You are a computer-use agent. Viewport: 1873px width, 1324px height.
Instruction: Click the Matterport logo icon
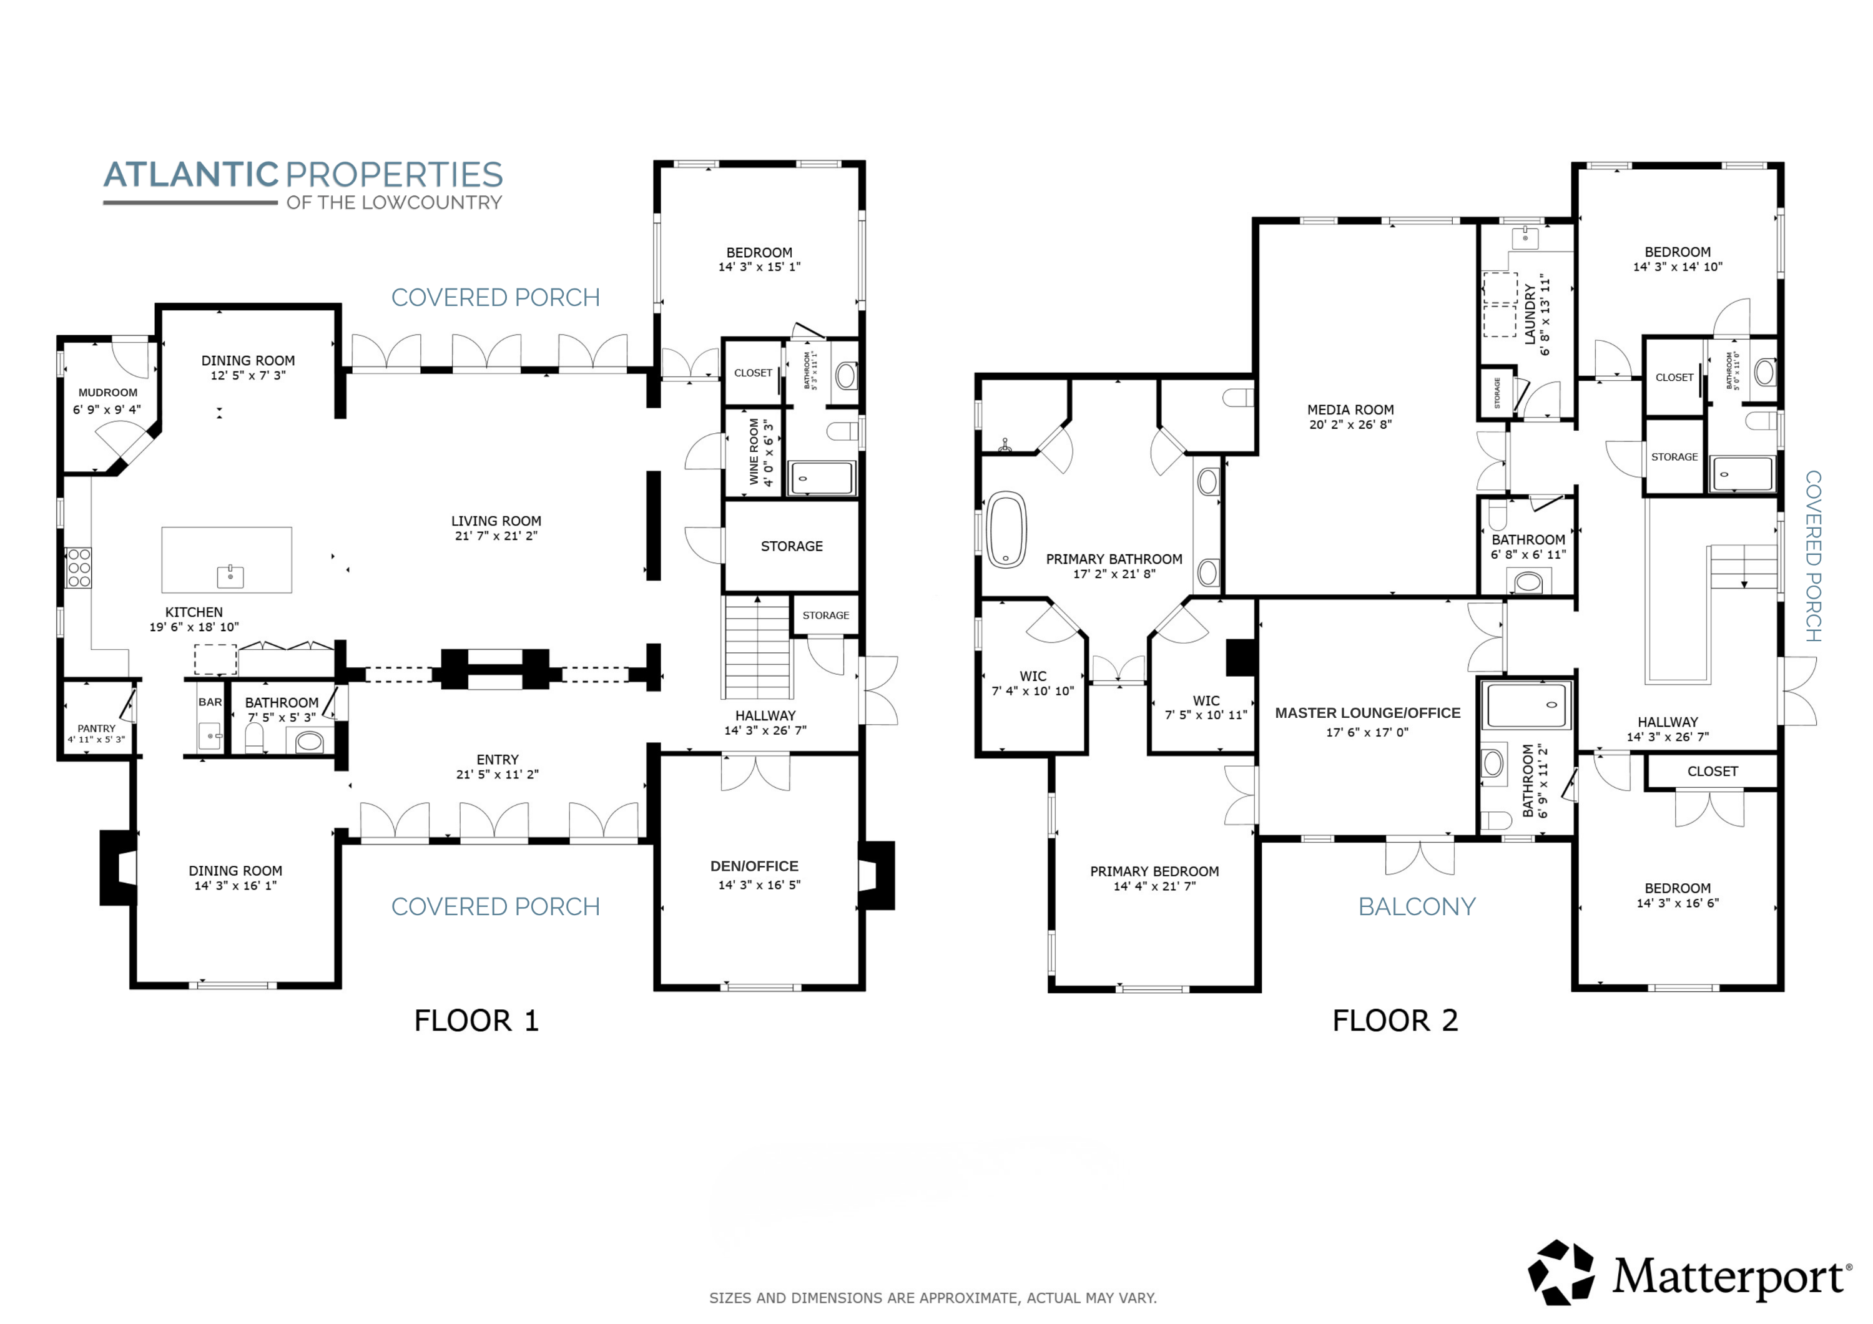pyautogui.click(x=1561, y=1273)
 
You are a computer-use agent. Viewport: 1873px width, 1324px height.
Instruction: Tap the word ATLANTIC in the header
pyautogui.click(x=192, y=175)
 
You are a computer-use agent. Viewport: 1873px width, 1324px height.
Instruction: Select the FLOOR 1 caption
pyautogui.click(x=476, y=1021)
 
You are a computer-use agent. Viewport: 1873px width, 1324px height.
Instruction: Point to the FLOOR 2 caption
pyautogui.click(x=1395, y=1021)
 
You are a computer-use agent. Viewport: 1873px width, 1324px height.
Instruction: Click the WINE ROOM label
pyautogui.click(x=754, y=452)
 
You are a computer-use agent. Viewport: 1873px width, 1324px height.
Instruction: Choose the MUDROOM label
pyautogui.click(x=107, y=393)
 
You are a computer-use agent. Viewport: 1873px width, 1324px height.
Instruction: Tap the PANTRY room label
pyautogui.click(x=96, y=728)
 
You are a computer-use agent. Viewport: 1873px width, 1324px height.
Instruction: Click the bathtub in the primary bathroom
pyautogui.click(x=1006, y=529)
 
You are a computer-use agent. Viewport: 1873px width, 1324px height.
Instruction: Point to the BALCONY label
pyautogui.click(x=1417, y=906)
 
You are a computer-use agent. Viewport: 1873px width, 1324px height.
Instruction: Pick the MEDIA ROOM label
pyautogui.click(x=1350, y=409)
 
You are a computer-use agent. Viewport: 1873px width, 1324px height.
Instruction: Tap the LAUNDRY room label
pyautogui.click(x=1530, y=314)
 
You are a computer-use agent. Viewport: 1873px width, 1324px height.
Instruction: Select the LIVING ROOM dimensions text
pyautogui.click(x=496, y=536)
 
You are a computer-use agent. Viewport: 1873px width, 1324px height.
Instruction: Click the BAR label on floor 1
pyautogui.click(x=210, y=702)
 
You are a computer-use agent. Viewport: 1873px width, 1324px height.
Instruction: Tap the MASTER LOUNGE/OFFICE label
pyautogui.click(x=1368, y=713)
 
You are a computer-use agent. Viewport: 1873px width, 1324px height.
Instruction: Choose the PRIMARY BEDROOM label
pyautogui.click(x=1154, y=871)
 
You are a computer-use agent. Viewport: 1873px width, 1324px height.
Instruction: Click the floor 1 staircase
pyautogui.click(x=758, y=648)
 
